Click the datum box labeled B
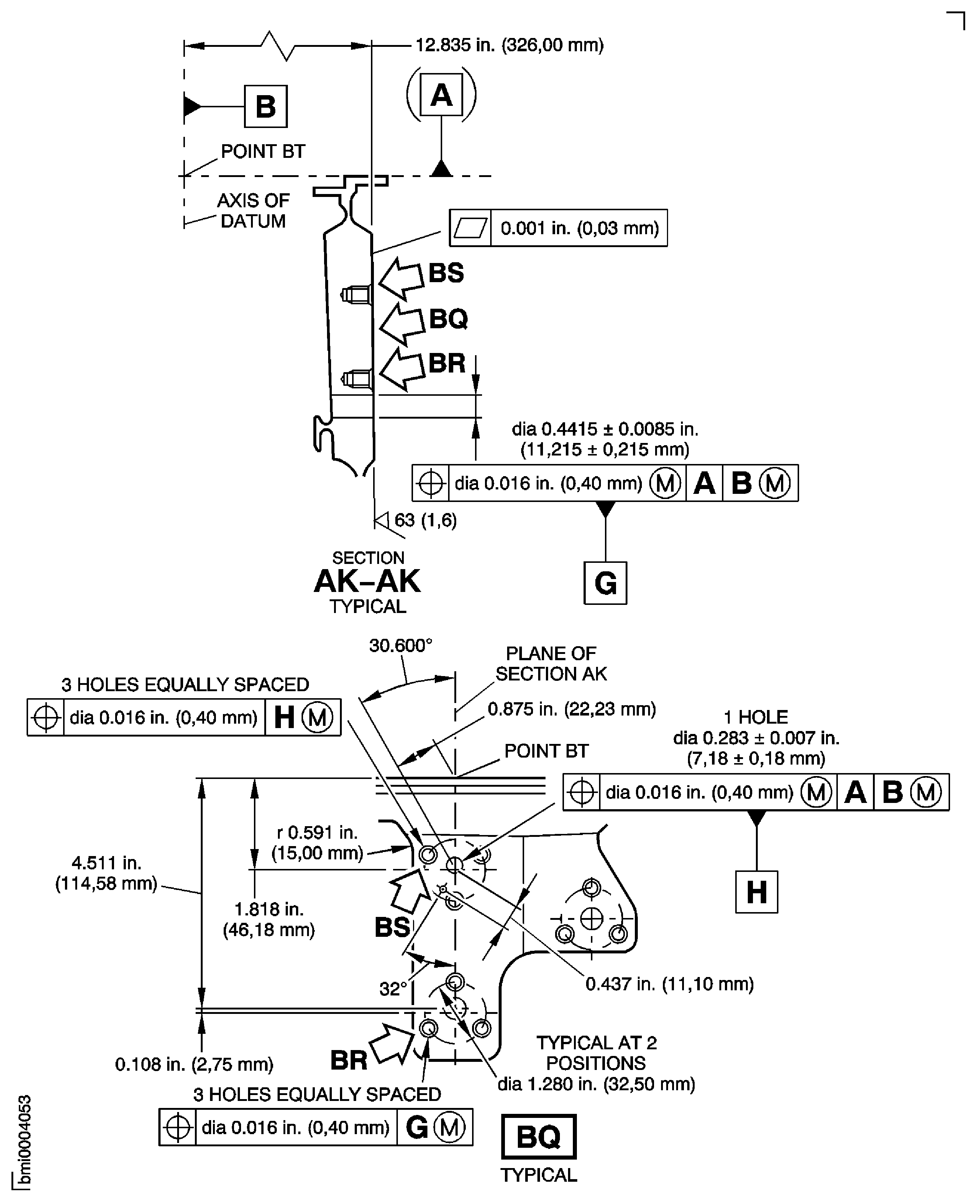click(x=266, y=106)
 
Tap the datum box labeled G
click(x=605, y=583)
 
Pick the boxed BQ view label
click(x=539, y=1136)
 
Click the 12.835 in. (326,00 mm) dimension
click(x=509, y=45)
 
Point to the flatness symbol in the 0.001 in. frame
click(x=471, y=228)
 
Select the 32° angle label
click(x=392, y=988)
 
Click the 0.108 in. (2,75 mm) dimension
click(x=194, y=1064)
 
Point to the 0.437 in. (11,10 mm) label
click(x=669, y=983)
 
